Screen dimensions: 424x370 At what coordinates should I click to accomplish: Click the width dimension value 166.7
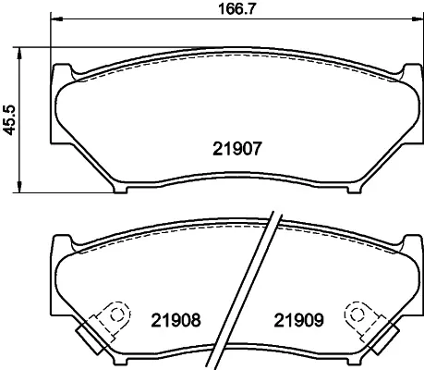coord(237,8)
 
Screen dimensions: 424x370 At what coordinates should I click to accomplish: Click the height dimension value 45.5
coord(9,120)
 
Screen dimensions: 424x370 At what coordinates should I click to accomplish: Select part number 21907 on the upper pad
coord(237,149)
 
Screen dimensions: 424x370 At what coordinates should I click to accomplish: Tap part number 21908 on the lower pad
coord(176,320)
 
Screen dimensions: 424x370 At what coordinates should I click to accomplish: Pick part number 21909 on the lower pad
coord(299,320)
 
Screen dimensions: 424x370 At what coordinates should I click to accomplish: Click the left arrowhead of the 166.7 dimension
coord(56,19)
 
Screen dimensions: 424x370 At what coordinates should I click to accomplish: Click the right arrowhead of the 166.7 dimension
coord(418,19)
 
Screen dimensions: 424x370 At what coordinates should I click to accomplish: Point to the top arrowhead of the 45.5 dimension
coord(19,54)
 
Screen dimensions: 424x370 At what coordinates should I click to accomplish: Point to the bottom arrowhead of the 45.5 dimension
coord(19,187)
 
